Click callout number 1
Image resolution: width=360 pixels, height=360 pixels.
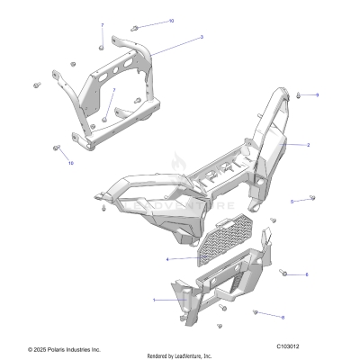153,300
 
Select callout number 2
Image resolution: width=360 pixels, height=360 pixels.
308,144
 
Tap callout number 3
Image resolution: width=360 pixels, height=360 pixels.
201,37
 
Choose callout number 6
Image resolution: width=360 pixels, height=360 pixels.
283,318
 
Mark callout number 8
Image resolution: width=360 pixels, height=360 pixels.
306,274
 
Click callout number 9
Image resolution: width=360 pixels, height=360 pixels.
317,94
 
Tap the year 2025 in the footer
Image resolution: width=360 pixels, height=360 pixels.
41,348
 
